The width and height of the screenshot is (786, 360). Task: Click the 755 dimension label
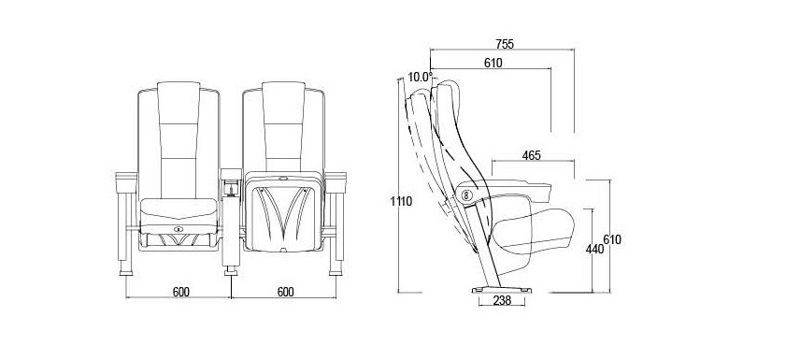click(x=504, y=44)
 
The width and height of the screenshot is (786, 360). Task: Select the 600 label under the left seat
click(x=180, y=293)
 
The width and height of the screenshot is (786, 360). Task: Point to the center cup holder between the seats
click(x=231, y=186)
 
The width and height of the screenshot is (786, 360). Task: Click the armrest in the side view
click(x=520, y=185)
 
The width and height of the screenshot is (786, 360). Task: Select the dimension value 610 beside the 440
click(x=612, y=240)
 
